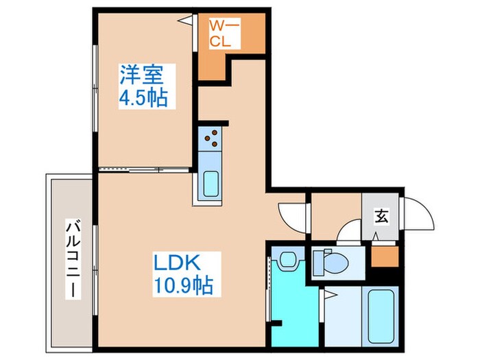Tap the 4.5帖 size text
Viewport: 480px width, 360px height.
[143, 97]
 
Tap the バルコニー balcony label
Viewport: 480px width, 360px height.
[71, 259]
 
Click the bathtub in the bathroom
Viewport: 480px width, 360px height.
[380, 315]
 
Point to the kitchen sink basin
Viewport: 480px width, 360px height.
[211, 184]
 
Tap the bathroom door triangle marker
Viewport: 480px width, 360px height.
[330, 296]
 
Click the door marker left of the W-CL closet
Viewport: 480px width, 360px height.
[186, 21]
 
